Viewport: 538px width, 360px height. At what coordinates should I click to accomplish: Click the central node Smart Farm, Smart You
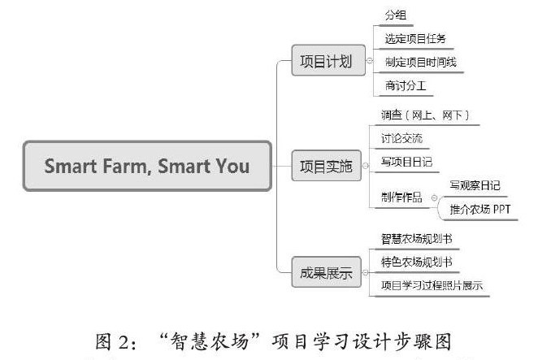tap(147, 167)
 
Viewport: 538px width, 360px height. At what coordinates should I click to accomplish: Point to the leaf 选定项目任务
tap(414, 38)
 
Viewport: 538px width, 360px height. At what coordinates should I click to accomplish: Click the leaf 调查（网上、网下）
tap(426, 115)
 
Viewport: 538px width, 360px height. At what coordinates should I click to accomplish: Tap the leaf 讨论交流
tap(401, 137)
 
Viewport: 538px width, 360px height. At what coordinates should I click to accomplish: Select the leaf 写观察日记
tap(475, 185)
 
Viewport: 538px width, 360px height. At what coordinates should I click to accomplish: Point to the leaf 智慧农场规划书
tap(417, 239)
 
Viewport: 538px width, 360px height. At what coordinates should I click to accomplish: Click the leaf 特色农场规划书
tap(417, 262)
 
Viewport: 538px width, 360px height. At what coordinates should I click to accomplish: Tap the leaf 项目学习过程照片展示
tap(432, 285)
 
